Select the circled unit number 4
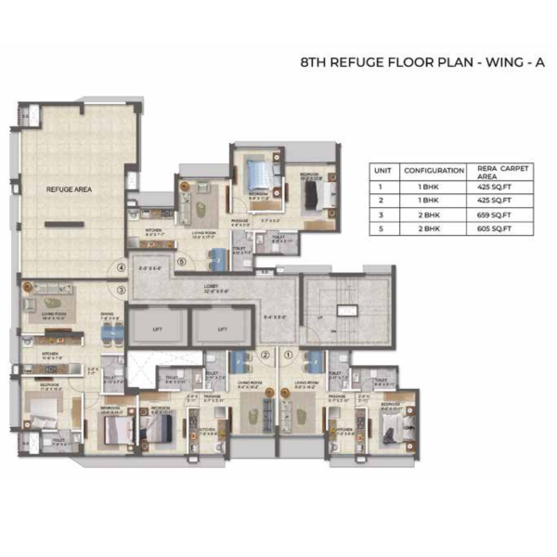click(x=121, y=269)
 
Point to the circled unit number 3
click(x=121, y=290)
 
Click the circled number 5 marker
click(x=181, y=263)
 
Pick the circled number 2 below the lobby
click(x=265, y=354)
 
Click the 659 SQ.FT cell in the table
click(x=496, y=214)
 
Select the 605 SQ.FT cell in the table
click(x=496, y=227)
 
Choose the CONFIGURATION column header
click(x=434, y=171)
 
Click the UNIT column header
click(x=381, y=171)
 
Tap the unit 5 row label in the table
click(x=381, y=227)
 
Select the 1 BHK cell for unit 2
click(x=434, y=200)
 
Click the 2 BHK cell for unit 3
click(x=434, y=214)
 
